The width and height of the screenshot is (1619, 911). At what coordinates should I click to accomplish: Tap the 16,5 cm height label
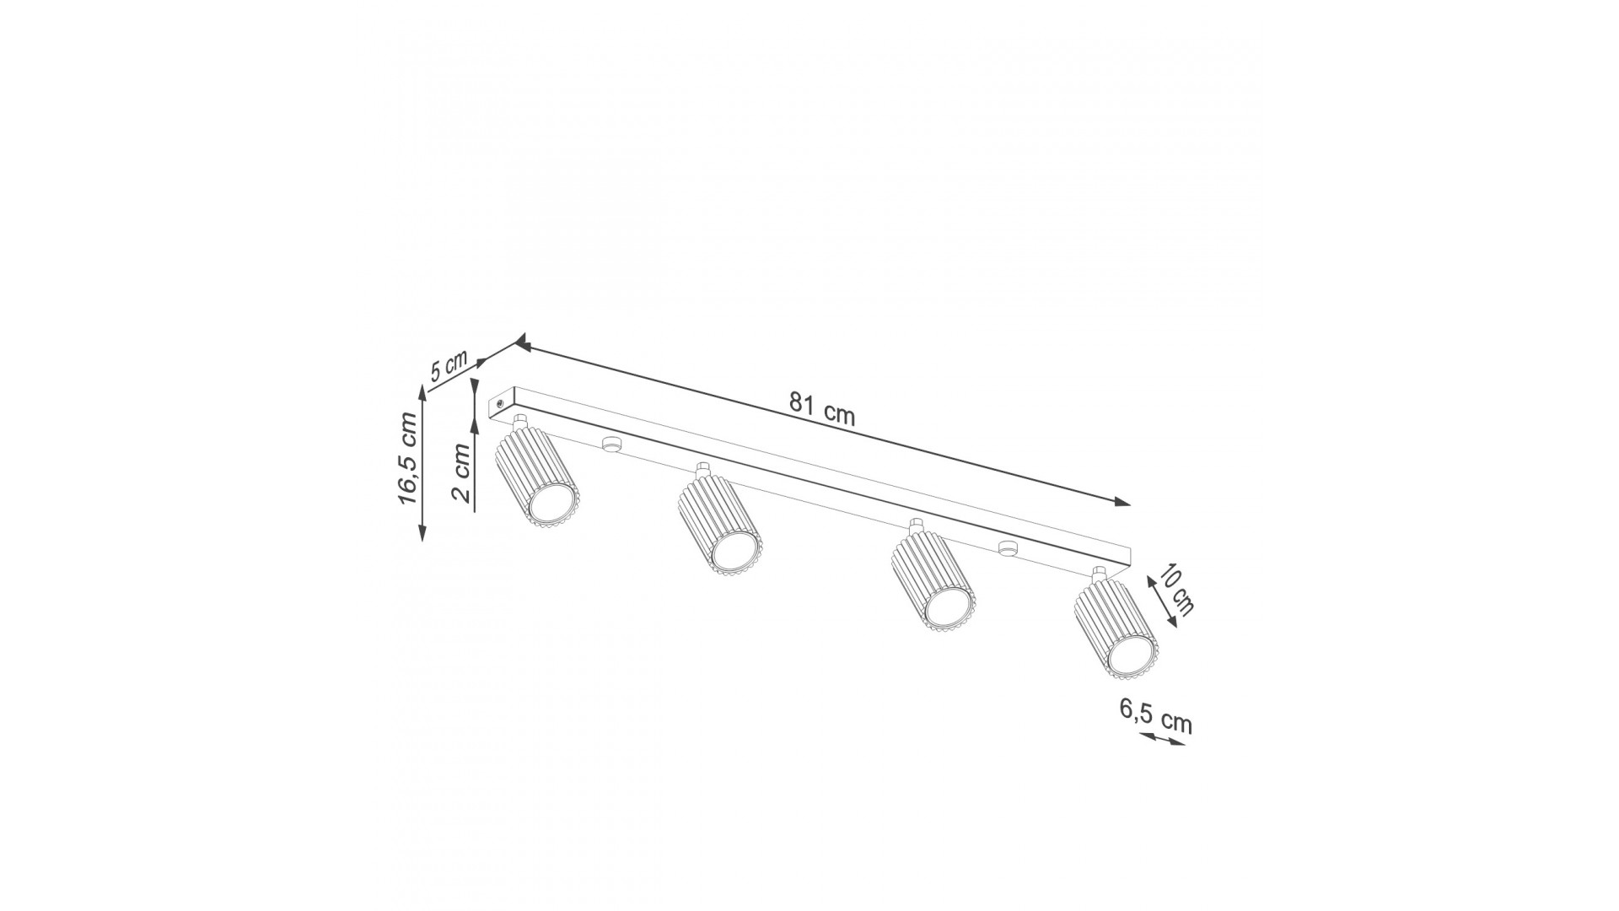click(408, 458)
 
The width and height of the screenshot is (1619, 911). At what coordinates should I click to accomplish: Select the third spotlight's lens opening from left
click(948, 606)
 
